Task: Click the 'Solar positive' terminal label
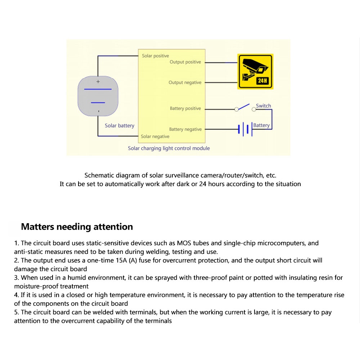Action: (x=155, y=56)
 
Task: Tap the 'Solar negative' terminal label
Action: (x=155, y=136)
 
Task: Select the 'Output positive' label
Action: (x=185, y=62)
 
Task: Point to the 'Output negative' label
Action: (x=185, y=82)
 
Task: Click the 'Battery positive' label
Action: (x=185, y=108)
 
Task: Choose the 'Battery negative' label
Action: (x=185, y=129)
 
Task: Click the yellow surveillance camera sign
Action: (x=255, y=71)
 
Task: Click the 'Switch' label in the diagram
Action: (x=263, y=105)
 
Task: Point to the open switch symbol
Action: (x=244, y=107)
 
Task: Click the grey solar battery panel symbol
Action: (x=98, y=96)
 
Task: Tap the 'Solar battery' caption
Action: (x=119, y=126)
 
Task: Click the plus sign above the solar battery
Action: (x=98, y=82)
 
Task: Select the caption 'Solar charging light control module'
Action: (x=168, y=148)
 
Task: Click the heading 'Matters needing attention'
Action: (x=77, y=227)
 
